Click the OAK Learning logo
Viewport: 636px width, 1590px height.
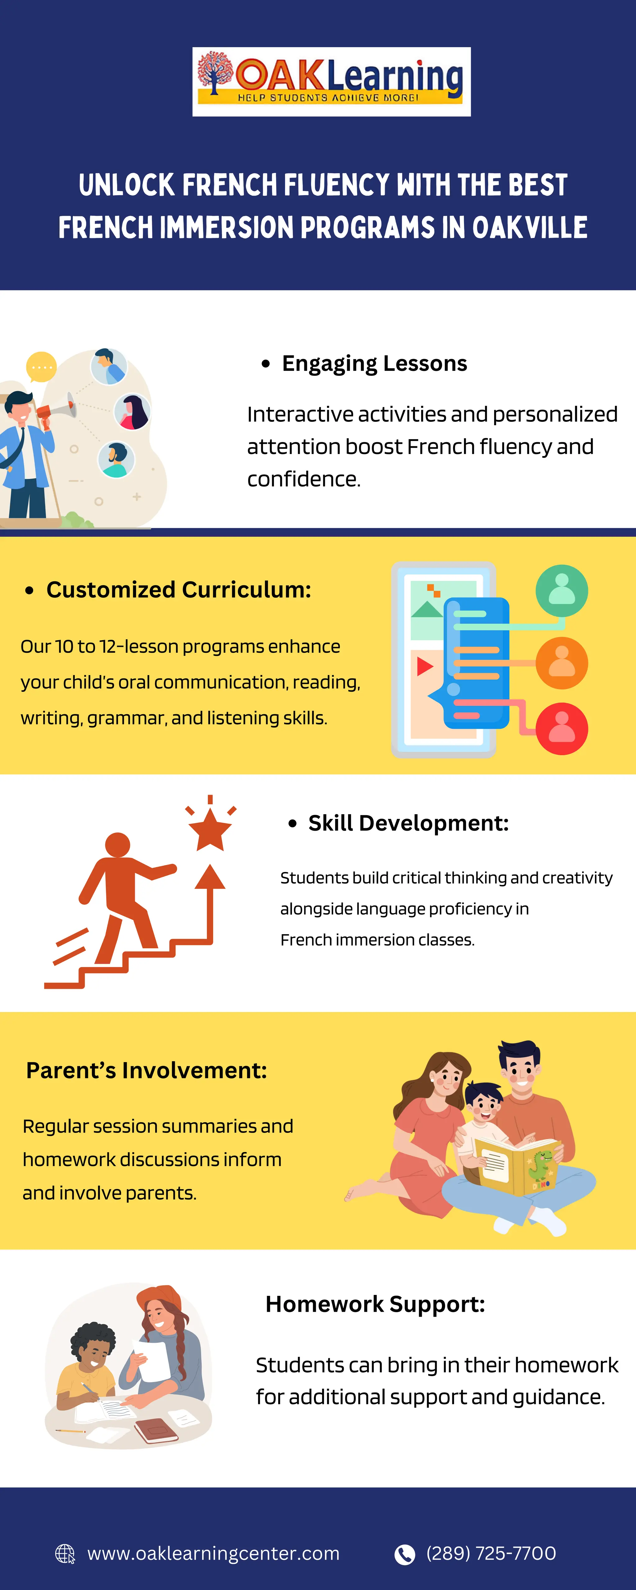pyautogui.click(x=332, y=81)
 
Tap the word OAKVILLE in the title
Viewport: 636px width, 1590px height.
pyautogui.click(x=530, y=228)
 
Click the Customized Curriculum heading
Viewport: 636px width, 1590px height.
pyautogui.click(x=179, y=590)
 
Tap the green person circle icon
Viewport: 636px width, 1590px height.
pyautogui.click(x=561, y=591)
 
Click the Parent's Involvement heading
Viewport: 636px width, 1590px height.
pyautogui.click(x=146, y=1070)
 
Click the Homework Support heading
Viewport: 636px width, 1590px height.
pyautogui.click(x=375, y=1304)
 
